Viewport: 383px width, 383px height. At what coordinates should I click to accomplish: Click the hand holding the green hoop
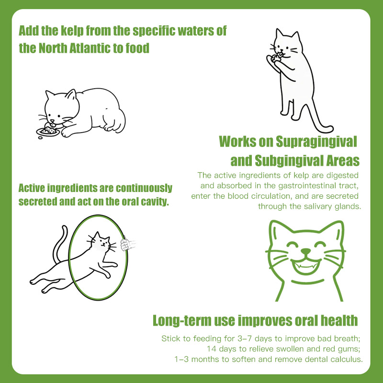(128, 245)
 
